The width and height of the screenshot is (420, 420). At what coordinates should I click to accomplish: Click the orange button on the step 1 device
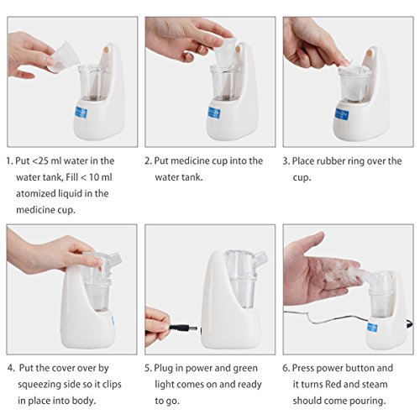point(106,50)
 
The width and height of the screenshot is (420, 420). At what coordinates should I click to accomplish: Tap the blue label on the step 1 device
point(81,113)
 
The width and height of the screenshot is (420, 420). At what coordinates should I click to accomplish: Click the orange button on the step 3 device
point(370,53)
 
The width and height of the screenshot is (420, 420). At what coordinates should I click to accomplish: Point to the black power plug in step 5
point(182,328)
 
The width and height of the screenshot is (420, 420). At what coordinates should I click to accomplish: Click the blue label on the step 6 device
point(373,328)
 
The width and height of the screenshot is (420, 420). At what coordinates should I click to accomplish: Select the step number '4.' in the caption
point(11,368)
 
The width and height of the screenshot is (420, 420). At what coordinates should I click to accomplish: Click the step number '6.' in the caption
point(286,368)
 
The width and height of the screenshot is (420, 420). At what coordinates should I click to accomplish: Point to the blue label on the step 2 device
point(214,113)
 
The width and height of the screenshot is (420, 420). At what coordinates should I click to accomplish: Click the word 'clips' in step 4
point(112,385)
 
